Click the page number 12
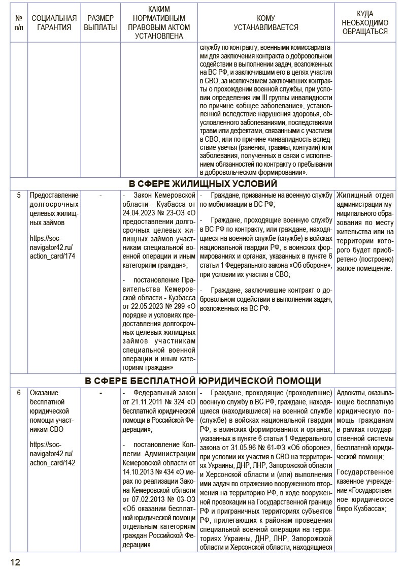(x=15, y=561)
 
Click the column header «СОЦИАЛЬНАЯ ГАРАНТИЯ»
(x=51, y=23)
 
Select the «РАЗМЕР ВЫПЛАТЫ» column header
(x=100, y=23)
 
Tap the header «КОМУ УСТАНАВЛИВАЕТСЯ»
(x=265, y=23)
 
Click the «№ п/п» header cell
(x=19, y=23)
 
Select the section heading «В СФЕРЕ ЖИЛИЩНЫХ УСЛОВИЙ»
(x=202, y=183)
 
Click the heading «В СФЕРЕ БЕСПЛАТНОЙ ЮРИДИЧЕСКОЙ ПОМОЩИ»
(x=202, y=381)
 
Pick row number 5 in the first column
(x=19, y=195)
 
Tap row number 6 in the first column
(x=19, y=393)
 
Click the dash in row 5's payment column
(x=100, y=195)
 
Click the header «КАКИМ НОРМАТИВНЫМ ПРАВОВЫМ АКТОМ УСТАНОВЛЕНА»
(x=159, y=23)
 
